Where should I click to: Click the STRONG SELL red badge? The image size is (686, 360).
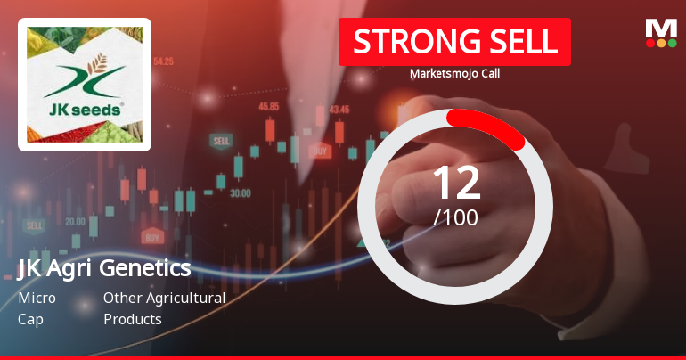(x=454, y=41)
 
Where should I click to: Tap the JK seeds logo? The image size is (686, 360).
(x=85, y=85)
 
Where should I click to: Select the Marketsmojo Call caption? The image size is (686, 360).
(x=454, y=74)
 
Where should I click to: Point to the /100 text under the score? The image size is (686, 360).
(x=455, y=216)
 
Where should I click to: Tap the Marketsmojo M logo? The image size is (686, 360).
(x=660, y=33)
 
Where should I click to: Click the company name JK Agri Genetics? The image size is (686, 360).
(x=104, y=268)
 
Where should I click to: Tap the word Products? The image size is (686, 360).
(x=132, y=319)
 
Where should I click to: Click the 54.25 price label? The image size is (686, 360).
(x=163, y=61)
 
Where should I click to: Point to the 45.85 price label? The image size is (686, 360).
(x=268, y=107)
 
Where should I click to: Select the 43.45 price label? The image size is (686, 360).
(x=339, y=110)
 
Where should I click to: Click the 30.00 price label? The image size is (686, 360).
(x=240, y=192)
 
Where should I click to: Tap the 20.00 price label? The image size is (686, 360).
(x=76, y=222)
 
